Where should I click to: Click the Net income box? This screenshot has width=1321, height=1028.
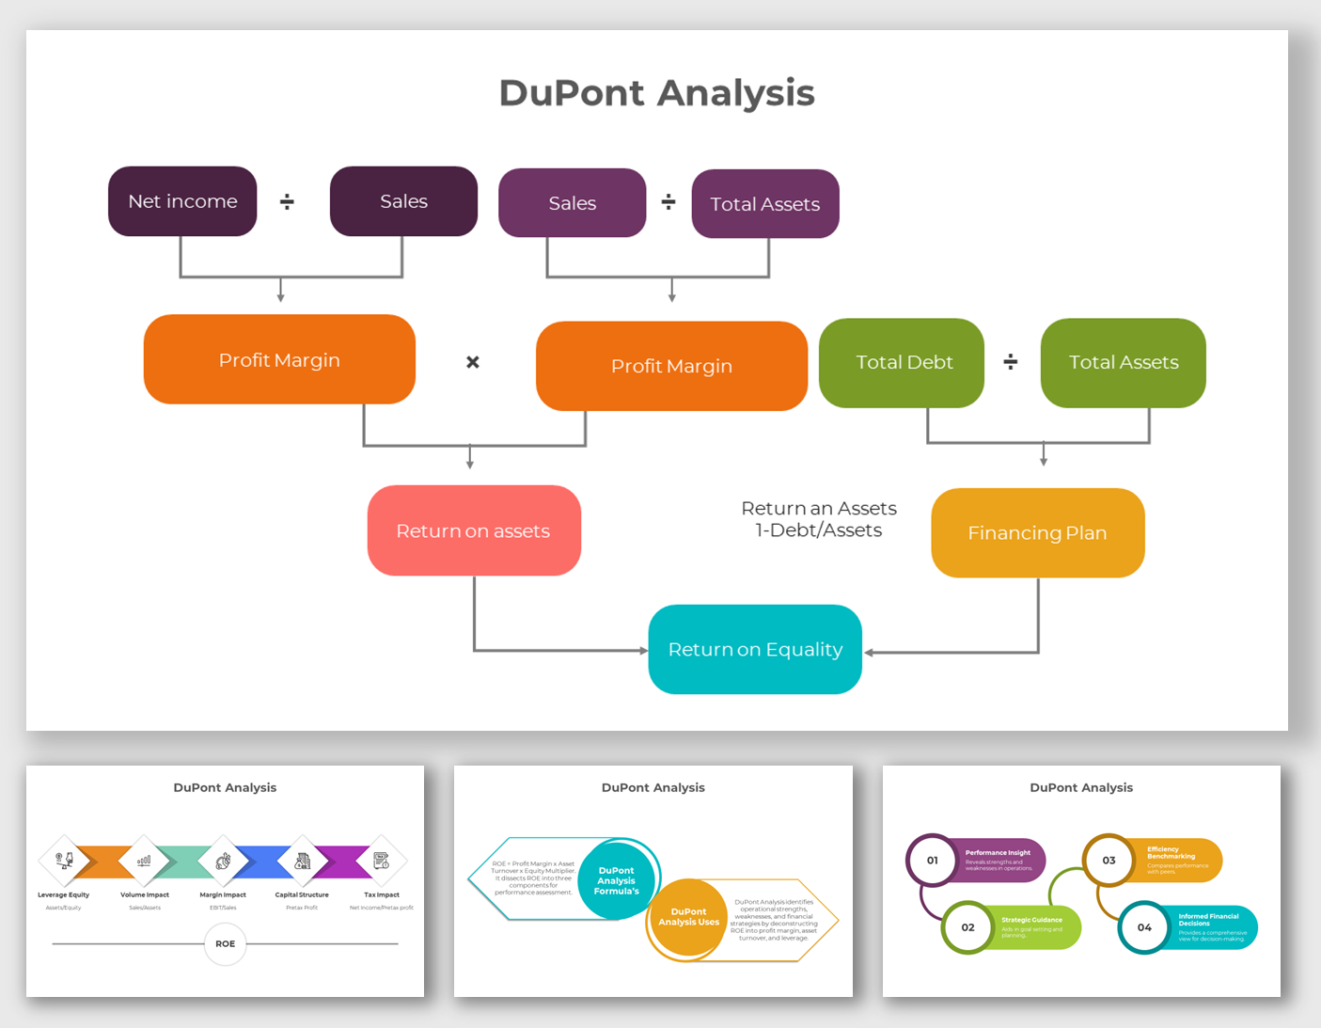[x=182, y=201]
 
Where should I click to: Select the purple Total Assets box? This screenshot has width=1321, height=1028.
[x=764, y=204]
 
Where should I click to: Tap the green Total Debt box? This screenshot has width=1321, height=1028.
[x=902, y=363]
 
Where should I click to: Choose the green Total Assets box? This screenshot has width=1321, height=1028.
[x=1123, y=363]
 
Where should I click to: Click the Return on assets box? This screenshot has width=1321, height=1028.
[x=474, y=530]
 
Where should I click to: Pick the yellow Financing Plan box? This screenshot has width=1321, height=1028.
[x=1037, y=532]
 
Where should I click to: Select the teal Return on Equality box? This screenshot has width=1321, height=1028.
[x=755, y=649]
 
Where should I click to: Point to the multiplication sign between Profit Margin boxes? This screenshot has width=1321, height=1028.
[x=473, y=362]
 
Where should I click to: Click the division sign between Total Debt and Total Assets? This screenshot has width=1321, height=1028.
[x=1011, y=362]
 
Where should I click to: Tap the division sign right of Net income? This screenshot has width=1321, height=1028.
[x=287, y=201]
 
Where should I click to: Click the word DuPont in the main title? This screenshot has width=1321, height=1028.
[x=572, y=93]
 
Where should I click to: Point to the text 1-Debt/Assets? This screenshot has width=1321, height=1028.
[x=819, y=530]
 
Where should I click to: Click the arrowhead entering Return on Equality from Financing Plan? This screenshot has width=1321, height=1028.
[x=869, y=652]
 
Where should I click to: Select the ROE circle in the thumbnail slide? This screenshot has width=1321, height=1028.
[x=226, y=943]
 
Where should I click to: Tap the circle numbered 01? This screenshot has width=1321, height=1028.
[x=932, y=860]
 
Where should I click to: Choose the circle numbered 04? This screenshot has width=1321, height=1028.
[x=1143, y=927]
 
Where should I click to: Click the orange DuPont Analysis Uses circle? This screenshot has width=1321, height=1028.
[x=687, y=917]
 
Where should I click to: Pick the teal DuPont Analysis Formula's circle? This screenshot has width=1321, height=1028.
[x=616, y=880]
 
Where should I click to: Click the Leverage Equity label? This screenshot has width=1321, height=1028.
[x=64, y=894]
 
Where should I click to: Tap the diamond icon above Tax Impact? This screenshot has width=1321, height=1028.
[x=382, y=860]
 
